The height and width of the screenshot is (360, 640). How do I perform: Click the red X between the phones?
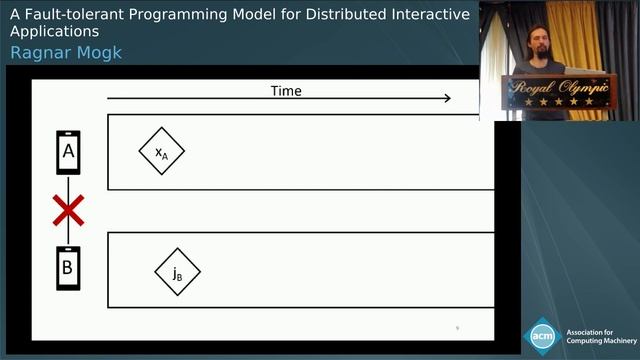(68, 211)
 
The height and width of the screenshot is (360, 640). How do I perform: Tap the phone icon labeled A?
(68, 152)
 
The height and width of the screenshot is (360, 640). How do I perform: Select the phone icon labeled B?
(68, 268)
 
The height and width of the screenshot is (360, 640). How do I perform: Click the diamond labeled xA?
(161, 152)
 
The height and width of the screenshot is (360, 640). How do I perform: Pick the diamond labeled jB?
(177, 272)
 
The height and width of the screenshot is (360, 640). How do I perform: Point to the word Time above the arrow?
(286, 91)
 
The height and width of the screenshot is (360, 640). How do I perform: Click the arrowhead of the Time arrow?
(446, 98)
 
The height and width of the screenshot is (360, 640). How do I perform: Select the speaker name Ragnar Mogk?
(66, 52)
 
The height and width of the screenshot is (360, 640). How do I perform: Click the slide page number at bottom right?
(457, 327)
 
